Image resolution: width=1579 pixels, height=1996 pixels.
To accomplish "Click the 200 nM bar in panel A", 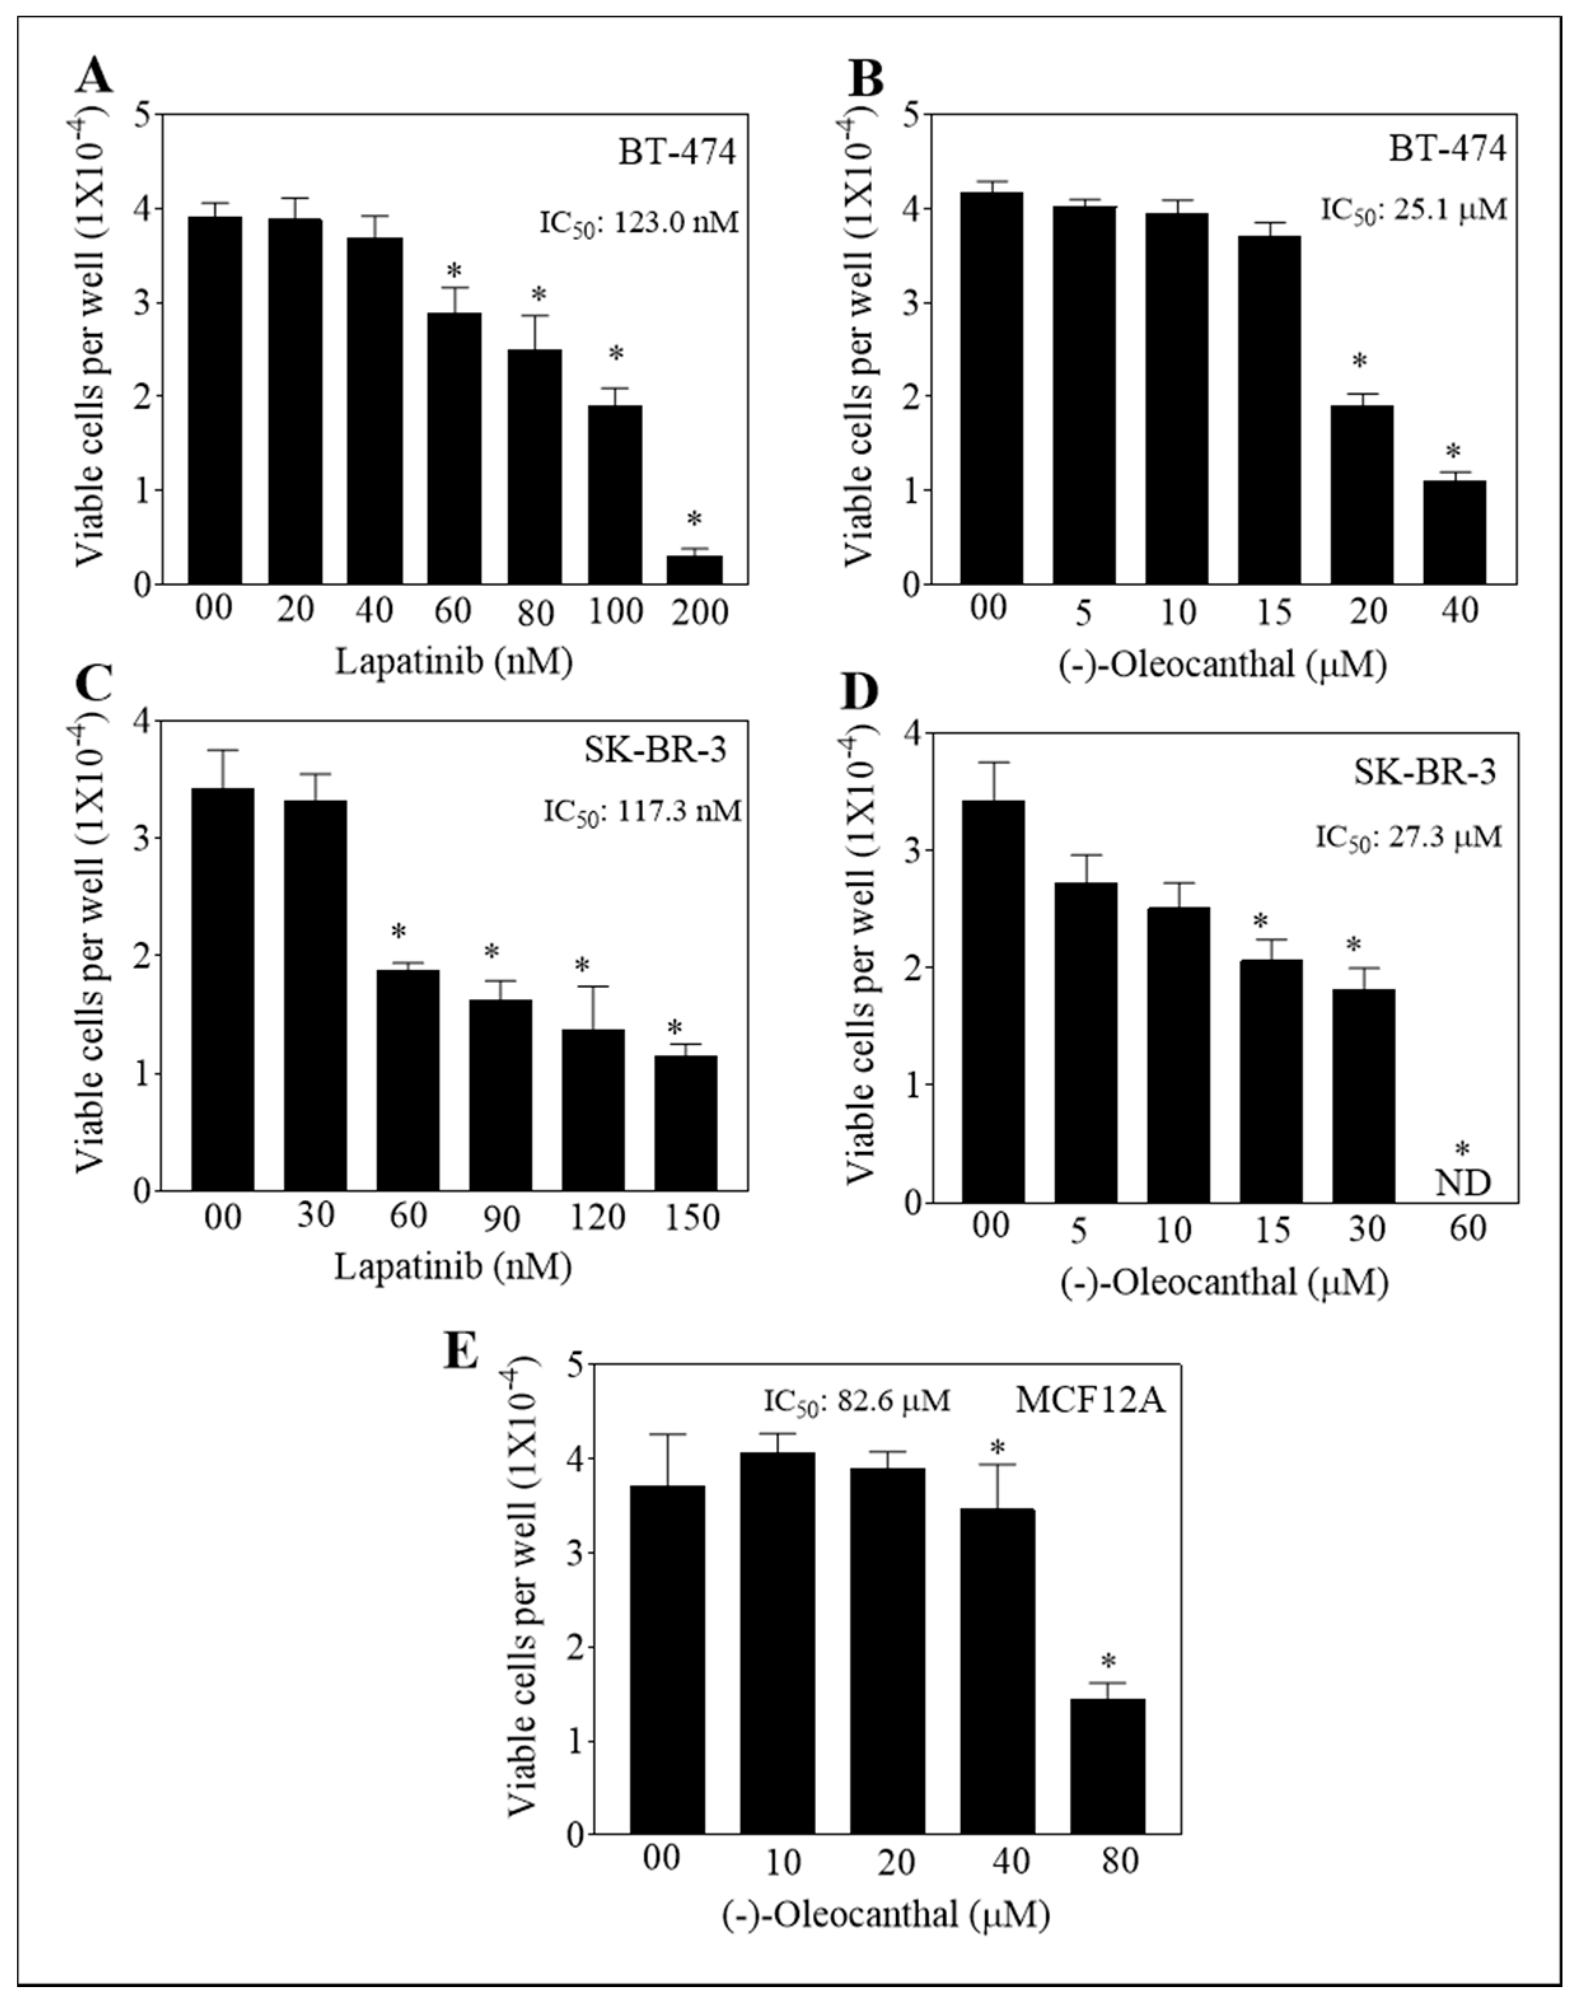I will pyautogui.click(x=695, y=569).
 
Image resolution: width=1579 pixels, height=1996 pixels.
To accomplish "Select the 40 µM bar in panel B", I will pyautogui.click(x=1454, y=532).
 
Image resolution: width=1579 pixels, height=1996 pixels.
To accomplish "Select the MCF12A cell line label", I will pyautogui.click(x=1091, y=1401).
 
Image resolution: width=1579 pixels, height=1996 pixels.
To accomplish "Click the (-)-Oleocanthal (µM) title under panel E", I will pyautogui.click(x=886, y=1913).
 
